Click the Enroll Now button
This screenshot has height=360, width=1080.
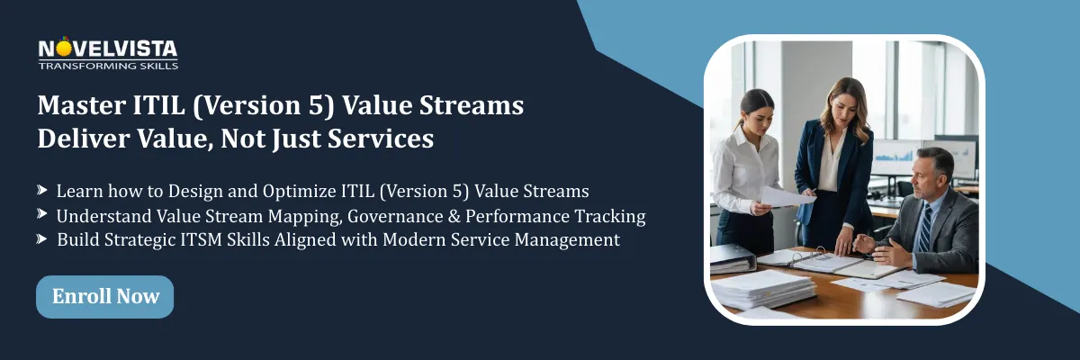point(104,296)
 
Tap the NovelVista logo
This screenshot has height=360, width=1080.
point(108,53)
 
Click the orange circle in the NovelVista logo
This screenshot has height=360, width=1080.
point(64,49)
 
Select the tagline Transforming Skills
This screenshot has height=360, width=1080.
point(108,66)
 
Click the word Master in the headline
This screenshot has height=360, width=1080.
point(82,105)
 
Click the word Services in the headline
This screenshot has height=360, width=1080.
point(381,139)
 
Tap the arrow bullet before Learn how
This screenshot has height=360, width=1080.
point(42,190)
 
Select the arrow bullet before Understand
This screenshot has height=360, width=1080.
point(42,213)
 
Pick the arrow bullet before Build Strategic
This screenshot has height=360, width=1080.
point(42,238)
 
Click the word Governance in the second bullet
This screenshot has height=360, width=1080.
point(395,217)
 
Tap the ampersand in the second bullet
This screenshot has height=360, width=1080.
point(454,216)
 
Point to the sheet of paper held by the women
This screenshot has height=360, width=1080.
point(786,198)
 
